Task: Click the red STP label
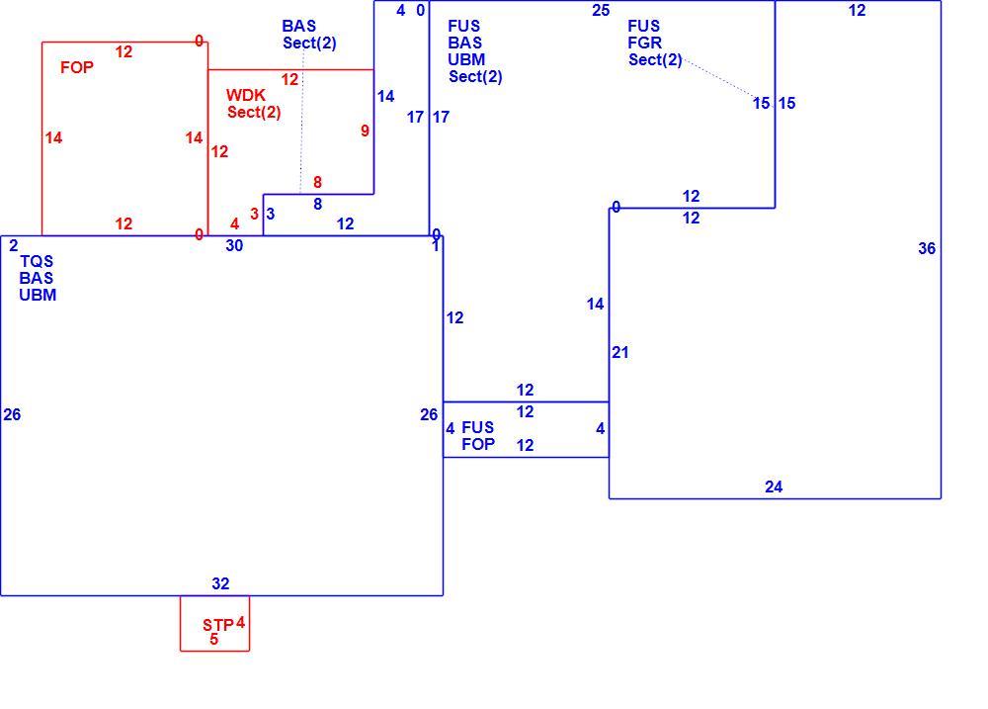[218, 625]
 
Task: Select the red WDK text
[246, 95]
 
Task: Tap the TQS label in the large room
[37, 261]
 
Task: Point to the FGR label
[644, 43]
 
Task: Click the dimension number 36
[927, 248]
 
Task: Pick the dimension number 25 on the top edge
[601, 10]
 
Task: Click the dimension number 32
[220, 583]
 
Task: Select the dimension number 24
[774, 487]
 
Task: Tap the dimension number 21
[620, 353]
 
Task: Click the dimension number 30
[234, 245]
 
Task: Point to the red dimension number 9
[365, 131]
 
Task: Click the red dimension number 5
[214, 639]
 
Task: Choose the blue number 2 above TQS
[13, 245]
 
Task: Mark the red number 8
[317, 182]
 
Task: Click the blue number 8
[317, 204]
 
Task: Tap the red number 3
[255, 214]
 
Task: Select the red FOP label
[77, 67]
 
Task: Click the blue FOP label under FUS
[478, 444]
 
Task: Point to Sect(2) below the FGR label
[655, 60]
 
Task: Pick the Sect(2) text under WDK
[254, 113]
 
